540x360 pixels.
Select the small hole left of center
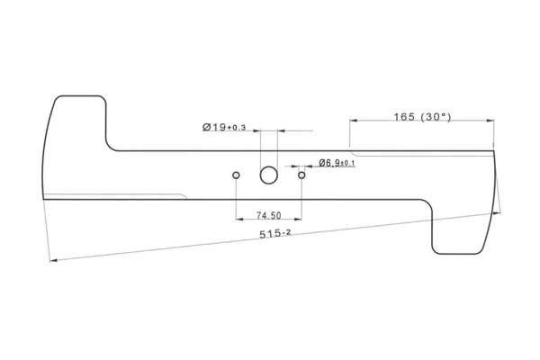coord(236,175)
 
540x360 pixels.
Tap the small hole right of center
coord(301,175)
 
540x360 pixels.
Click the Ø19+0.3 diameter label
coord(224,127)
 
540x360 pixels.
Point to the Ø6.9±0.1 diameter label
coord(337,163)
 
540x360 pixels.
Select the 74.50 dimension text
coord(268,216)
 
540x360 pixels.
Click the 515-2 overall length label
coord(274,234)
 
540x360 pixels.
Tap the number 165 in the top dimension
coord(404,117)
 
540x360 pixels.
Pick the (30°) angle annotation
coord(436,117)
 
